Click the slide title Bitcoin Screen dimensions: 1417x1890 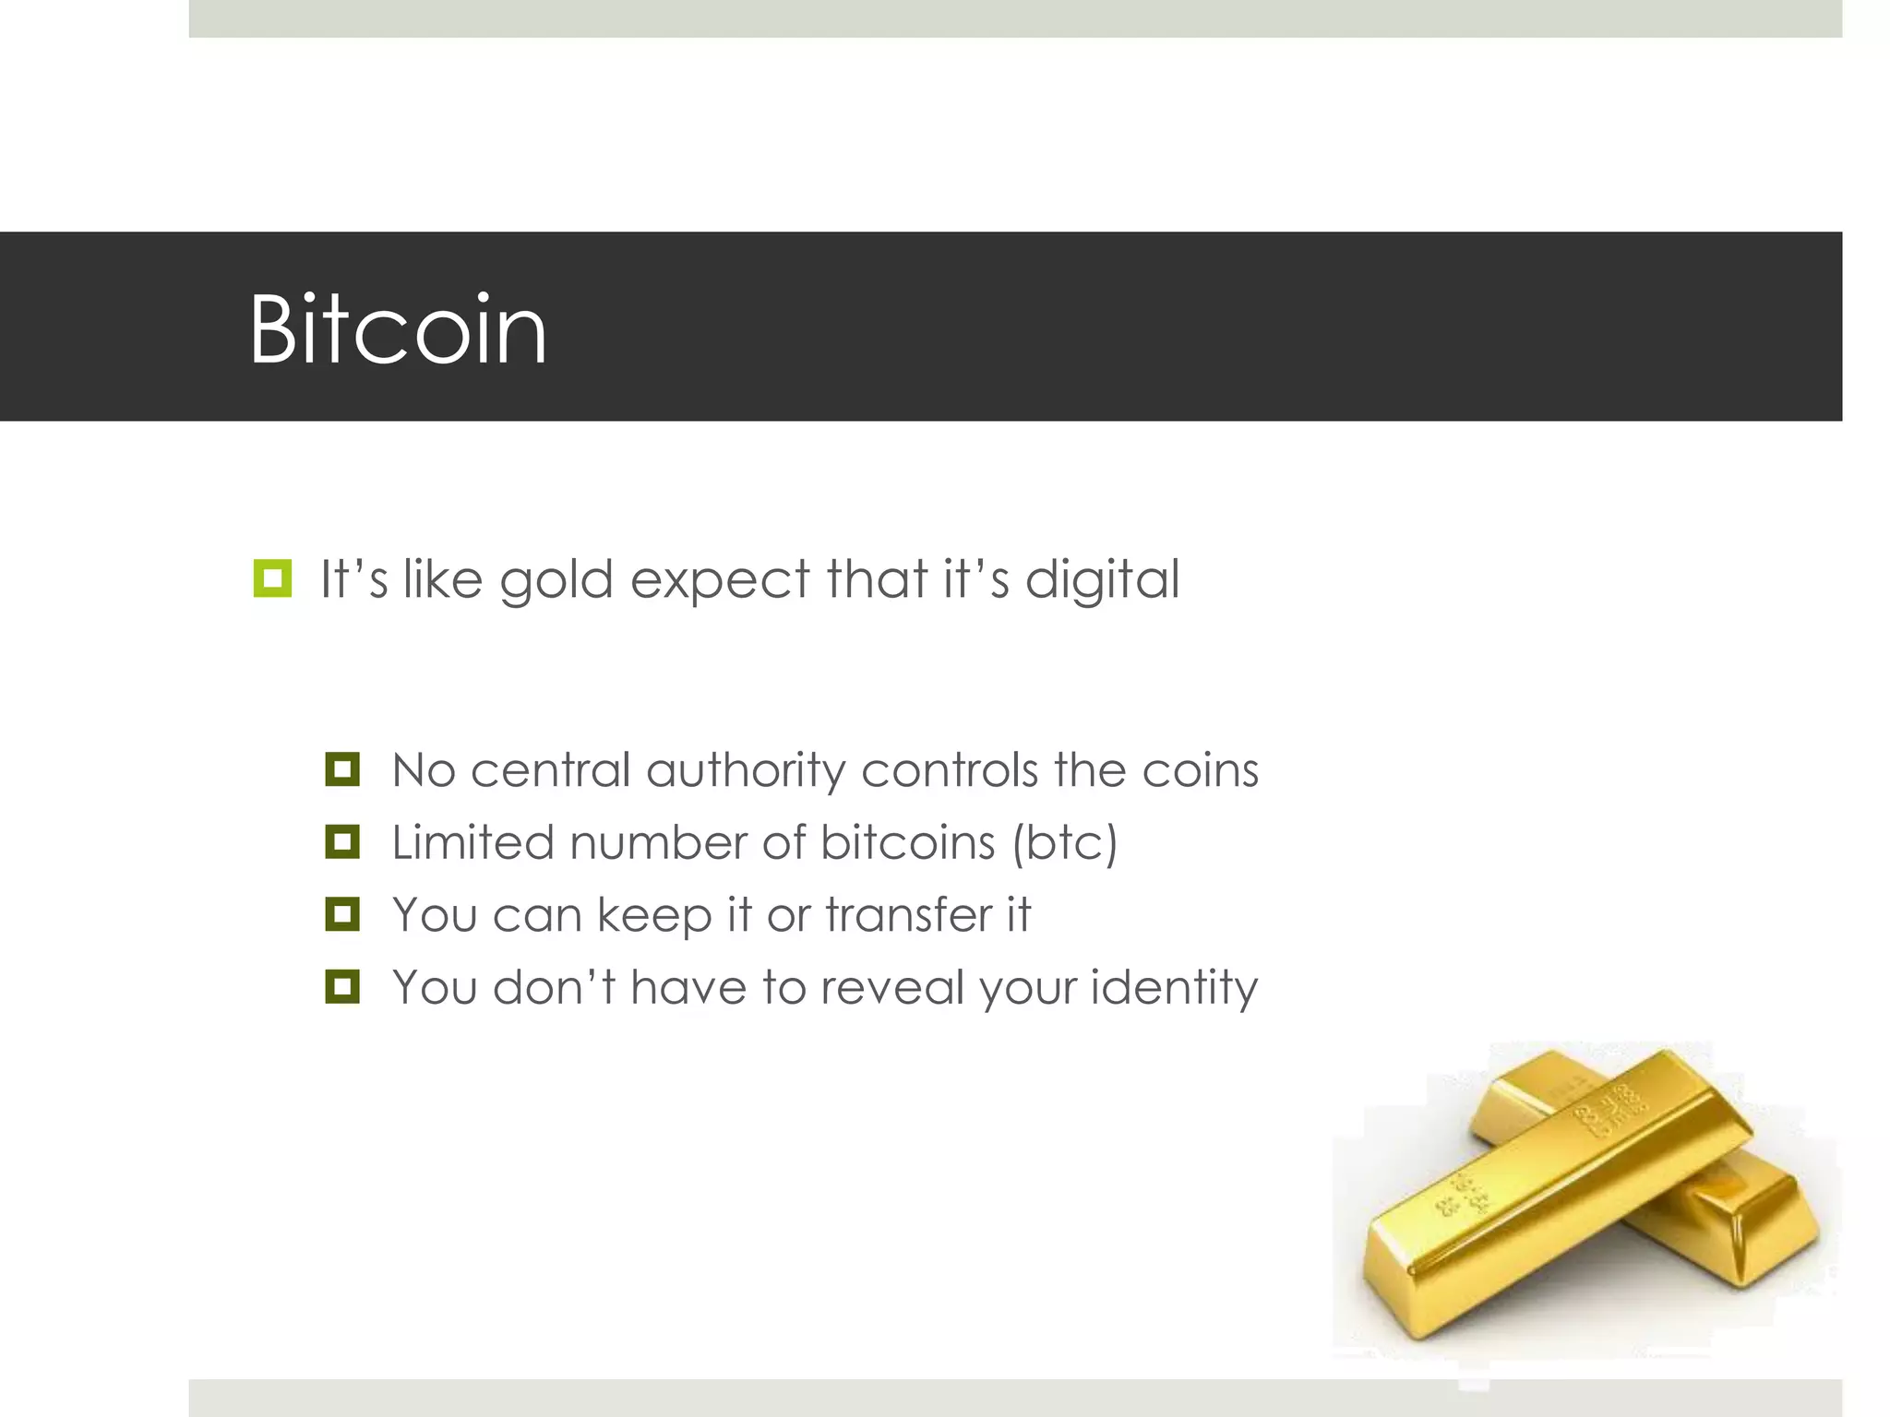398,329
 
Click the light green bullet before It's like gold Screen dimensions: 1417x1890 272,578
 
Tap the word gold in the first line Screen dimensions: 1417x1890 556,580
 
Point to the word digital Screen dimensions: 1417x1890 1102,580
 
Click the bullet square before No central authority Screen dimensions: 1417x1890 342,768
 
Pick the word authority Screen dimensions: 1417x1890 746,770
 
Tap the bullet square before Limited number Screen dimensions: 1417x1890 342,841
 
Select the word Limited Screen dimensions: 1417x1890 472,842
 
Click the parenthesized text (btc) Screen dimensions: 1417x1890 1065,842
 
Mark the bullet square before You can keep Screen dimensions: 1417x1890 342,914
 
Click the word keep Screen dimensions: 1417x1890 654,916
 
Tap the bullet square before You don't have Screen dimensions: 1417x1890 342,986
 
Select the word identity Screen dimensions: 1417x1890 1174,988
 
